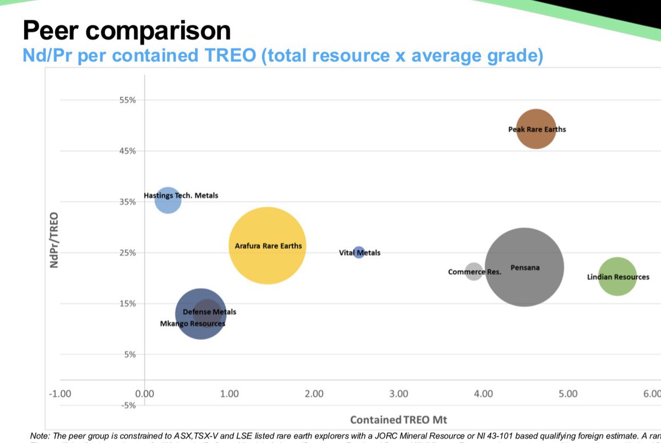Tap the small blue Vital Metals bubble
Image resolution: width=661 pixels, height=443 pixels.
(359, 253)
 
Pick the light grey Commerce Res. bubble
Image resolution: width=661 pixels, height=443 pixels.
(474, 271)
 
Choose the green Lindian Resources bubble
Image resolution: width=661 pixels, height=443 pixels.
(617, 277)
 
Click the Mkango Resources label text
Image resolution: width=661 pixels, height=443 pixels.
(192, 324)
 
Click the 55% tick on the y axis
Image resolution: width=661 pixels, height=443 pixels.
(127, 100)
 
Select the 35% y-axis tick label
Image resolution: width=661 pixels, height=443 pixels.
(127, 202)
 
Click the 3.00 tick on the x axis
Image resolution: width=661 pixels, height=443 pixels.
(399, 393)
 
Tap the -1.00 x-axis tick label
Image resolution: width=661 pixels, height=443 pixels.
(59, 393)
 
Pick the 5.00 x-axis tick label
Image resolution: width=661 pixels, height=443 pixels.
(568, 393)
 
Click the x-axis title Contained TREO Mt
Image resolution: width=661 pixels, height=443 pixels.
(398, 420)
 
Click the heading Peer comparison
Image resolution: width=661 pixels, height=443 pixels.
(127, 30)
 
